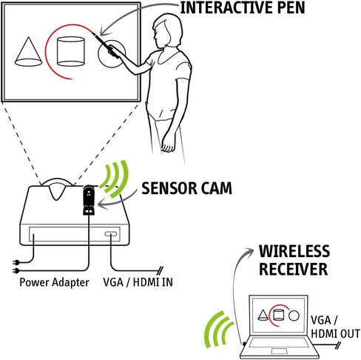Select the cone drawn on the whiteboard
[x=28, y=52]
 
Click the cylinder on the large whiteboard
[x=71, y=52]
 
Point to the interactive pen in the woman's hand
[x=105, y=44]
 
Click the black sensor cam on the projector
[x=89, y=200]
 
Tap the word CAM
[x=217, y=188]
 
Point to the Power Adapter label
[x=54, y=282]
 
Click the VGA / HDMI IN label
[x=138, y=282]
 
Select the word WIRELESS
[x=294, y=251]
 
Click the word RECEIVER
[x=293, y=269]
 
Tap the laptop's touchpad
[x=279, y=351]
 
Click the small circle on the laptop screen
[x=294, y=316]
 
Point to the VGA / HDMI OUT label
[x=335, y=327]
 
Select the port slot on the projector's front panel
[x=110, y=233]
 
